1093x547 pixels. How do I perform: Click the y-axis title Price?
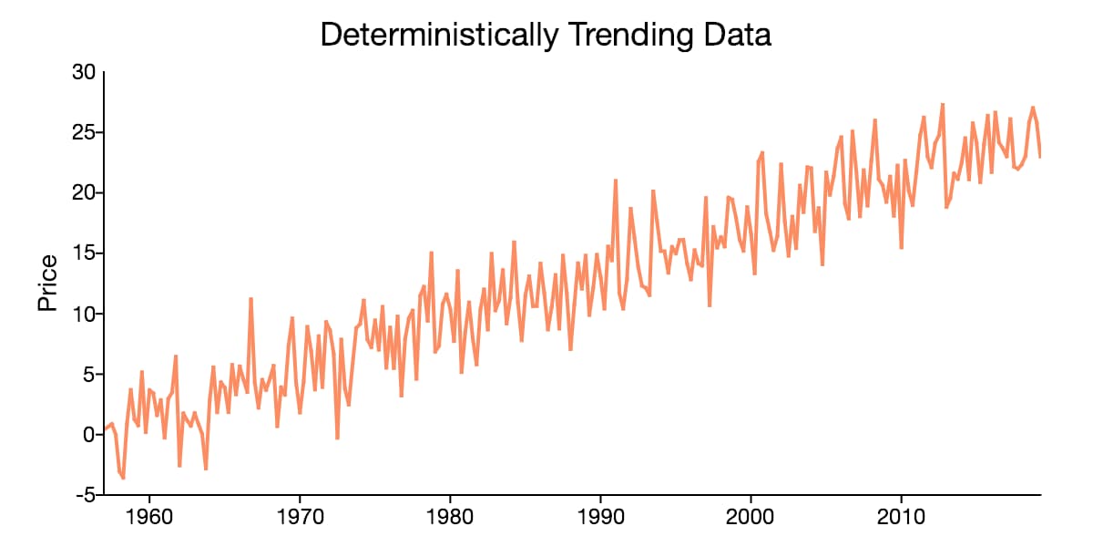point(47,283)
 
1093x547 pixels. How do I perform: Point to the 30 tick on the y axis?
point(84,73)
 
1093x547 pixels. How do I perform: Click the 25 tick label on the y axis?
point(84,133)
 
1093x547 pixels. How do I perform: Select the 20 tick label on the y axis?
point(84,193)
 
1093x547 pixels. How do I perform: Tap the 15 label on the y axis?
point(84,253)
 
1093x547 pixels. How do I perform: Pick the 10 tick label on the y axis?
point(84,315)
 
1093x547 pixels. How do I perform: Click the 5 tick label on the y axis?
point(89,375)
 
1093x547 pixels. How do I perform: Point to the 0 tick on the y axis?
point(89,435)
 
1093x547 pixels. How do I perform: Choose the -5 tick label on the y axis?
point(86,495)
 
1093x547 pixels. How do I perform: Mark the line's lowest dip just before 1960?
point(123,478)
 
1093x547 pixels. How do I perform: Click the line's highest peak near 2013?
point(942,104)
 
